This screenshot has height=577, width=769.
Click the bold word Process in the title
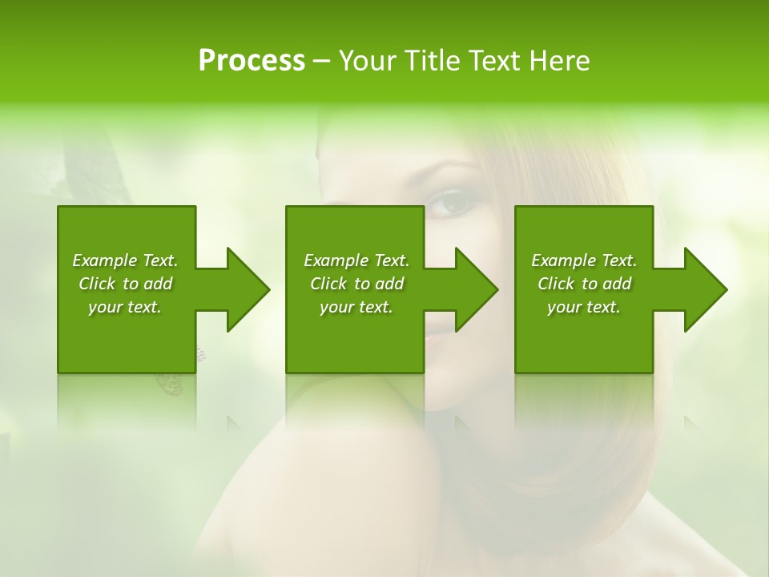point(252,61)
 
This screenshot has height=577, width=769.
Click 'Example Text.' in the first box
point(125,260)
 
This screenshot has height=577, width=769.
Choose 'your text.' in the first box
point(125,307)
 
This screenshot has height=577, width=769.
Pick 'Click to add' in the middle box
point(356,284)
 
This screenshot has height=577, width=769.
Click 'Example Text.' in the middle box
point(356,260)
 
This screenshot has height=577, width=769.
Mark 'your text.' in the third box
point(584,307)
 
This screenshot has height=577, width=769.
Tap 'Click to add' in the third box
point(584,284)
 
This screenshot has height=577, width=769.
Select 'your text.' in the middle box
point(356,307)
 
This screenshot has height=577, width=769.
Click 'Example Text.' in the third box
point(584,260)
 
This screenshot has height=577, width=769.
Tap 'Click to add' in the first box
point(125,284)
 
